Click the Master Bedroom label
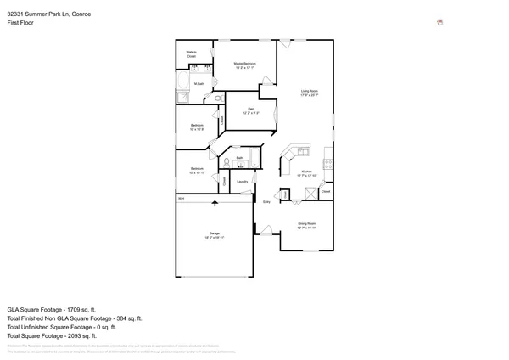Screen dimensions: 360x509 (x=245, y=65)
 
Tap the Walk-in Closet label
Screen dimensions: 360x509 (x=192, y=54)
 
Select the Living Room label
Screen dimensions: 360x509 (x=309, y=93)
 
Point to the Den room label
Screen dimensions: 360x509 (x=251, y=110)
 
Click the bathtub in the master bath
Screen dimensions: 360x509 (x=182, y=82)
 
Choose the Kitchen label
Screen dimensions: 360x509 (x=308, y=173)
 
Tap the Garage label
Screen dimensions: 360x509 (x=215, y=236)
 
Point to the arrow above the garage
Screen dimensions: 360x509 (x=215, y=203)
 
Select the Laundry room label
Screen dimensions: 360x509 (x=242, y=182)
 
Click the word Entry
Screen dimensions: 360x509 (x=266, y=202)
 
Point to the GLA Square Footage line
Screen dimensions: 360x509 (x=52, y=310)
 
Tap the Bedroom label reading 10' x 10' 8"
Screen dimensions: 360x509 (x=197, y=127)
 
